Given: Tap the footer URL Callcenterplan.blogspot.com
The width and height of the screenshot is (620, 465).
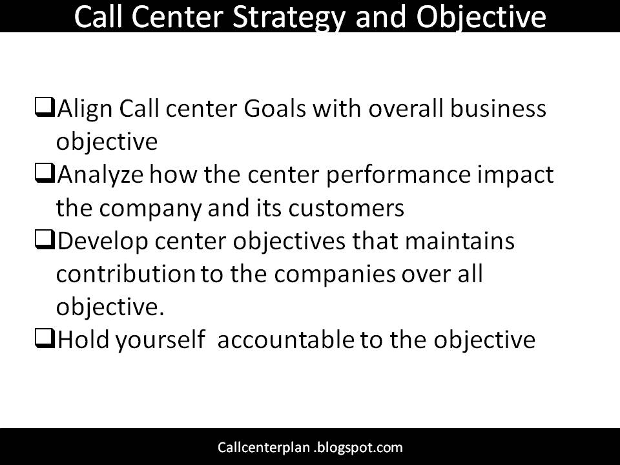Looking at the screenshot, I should [310, 447].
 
